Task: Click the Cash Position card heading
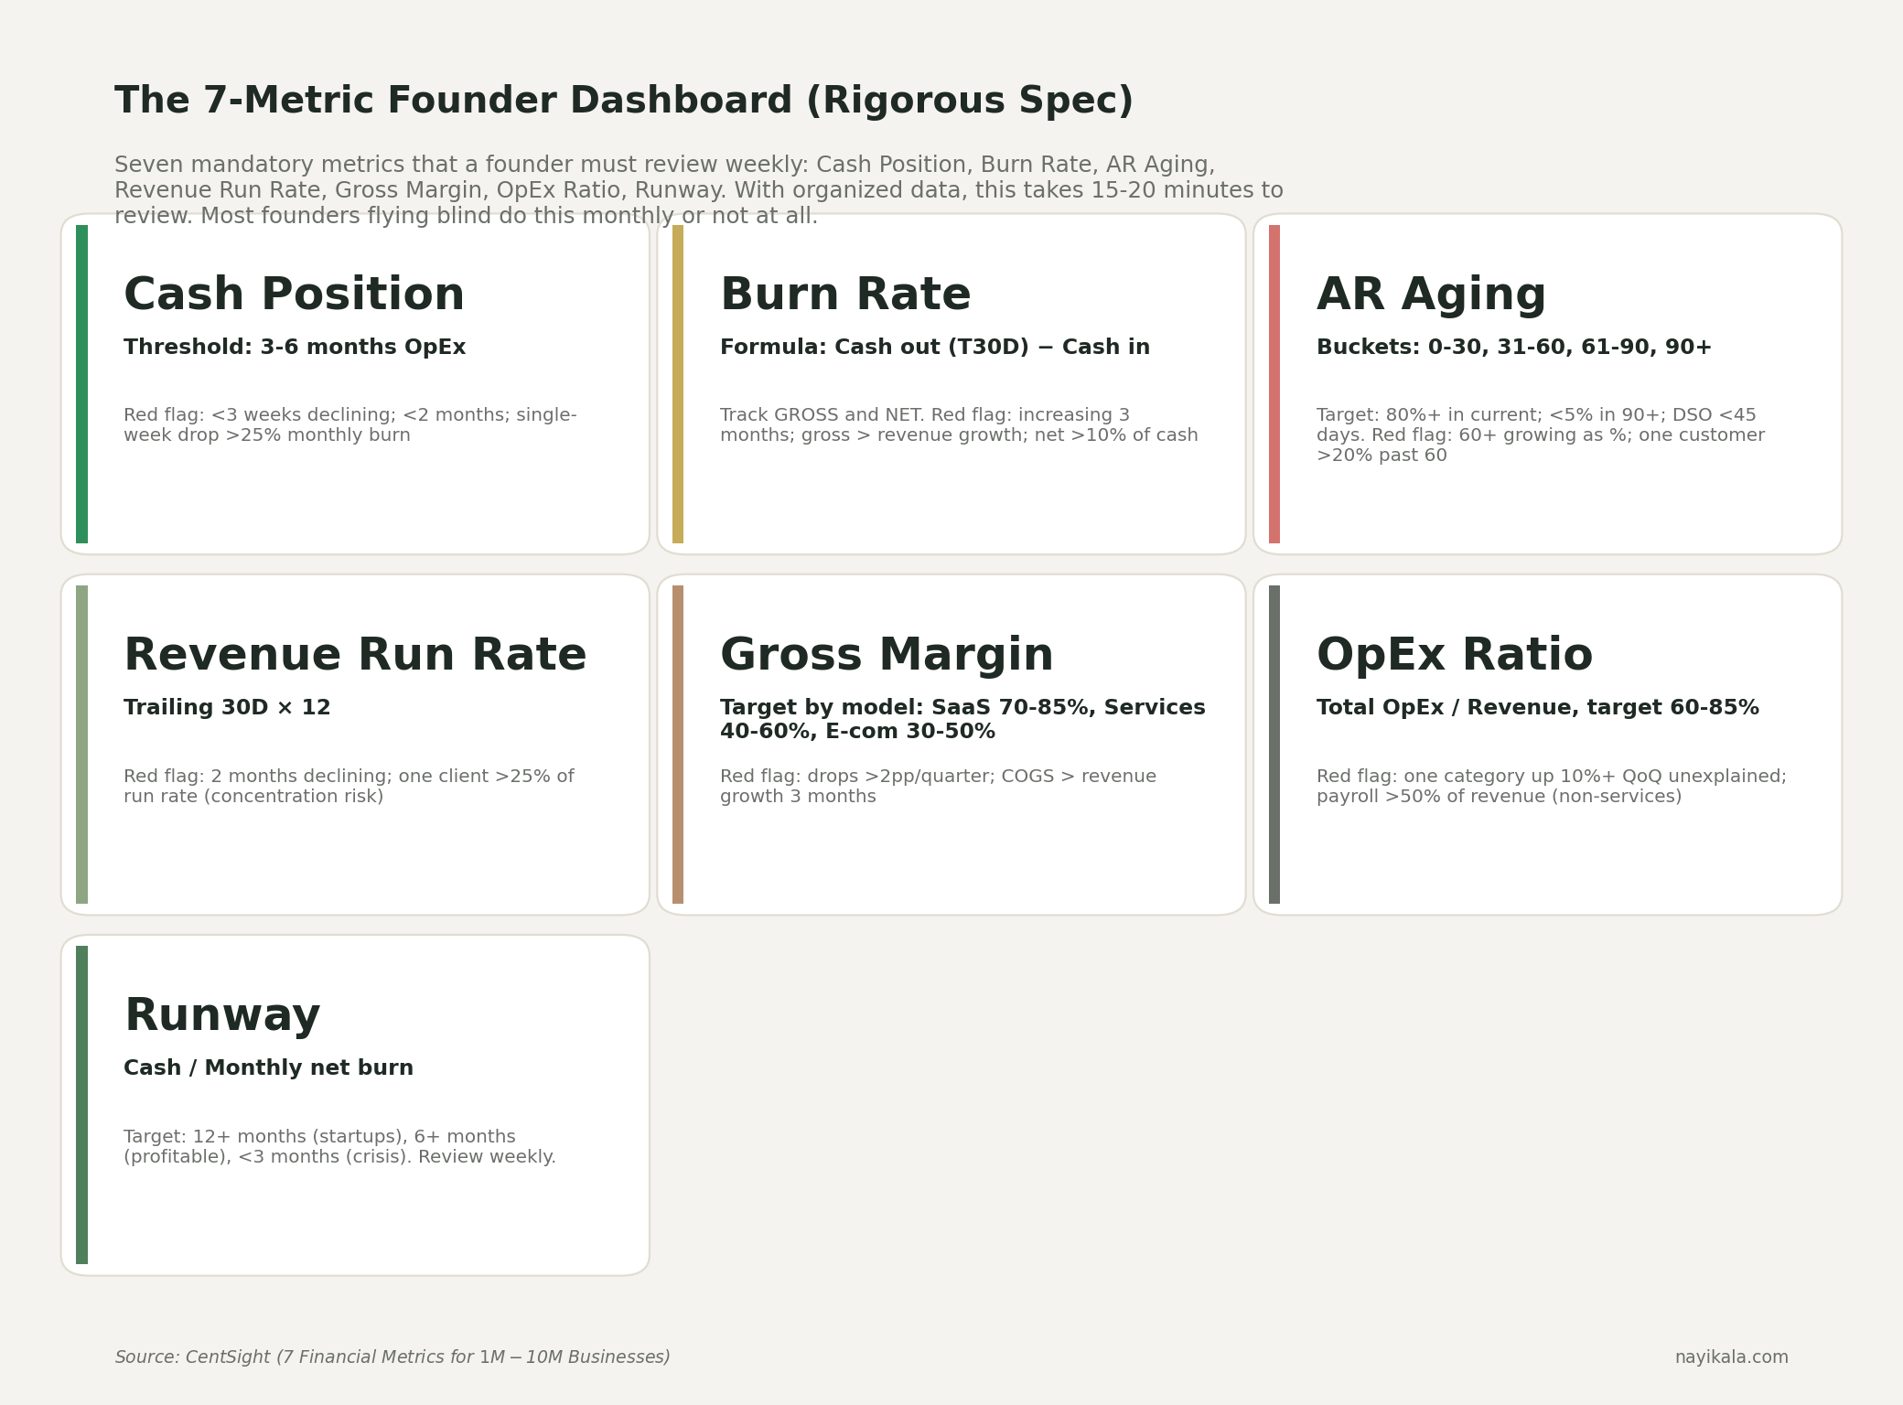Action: [294, 295]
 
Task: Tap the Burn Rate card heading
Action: [844, 295]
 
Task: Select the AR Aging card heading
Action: [1431, 295]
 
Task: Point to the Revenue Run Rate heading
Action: [355, 656]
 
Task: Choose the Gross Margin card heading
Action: [886, 656]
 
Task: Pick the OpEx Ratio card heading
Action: [1455, 656]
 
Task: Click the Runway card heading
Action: [222, 1016]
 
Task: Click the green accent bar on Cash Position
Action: [82, 384]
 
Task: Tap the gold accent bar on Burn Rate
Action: [678, 384]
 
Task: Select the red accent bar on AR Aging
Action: [1274, 384]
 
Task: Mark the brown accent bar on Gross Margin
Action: [678, 745]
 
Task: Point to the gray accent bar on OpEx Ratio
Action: [1274, 745]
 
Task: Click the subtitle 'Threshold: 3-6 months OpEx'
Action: [295, 348]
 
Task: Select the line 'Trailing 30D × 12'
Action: [227, 708]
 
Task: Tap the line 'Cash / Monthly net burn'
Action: [268, 1068]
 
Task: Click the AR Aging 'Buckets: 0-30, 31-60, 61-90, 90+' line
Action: [1513, 348]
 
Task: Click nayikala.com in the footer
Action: [1731, 1357]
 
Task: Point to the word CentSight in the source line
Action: [228, 1357]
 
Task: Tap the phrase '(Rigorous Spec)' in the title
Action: [969, 102]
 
